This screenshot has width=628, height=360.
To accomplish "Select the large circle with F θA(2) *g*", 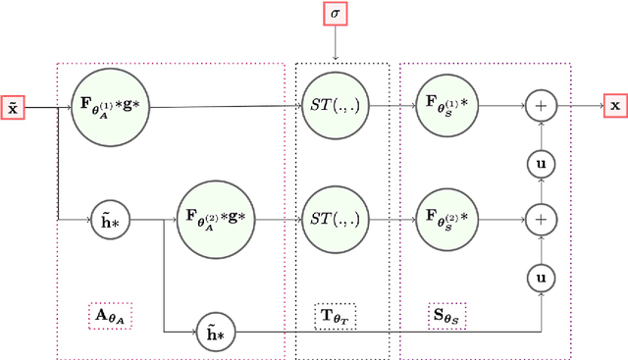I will coord(218,217).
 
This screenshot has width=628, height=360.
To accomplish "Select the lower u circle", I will coord(541,278).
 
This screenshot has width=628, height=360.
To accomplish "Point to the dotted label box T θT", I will coord(336,316).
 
